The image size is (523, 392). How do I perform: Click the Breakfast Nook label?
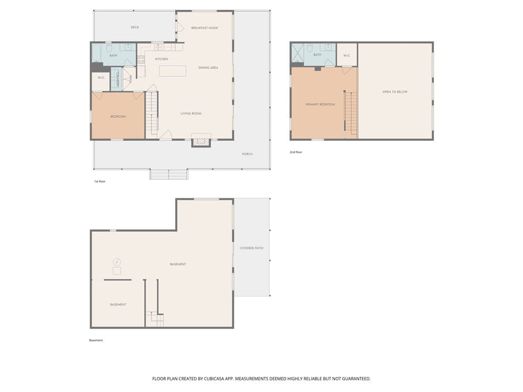pos(204,28)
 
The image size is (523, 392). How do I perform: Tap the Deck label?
pos(135,28)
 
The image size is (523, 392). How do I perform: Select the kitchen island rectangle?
pos(173,71)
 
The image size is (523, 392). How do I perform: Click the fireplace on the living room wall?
pos(201,141)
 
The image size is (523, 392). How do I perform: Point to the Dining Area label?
pos(208,68)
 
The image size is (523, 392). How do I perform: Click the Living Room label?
pos(191,114)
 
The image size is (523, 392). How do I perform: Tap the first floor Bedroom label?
pos(118,117)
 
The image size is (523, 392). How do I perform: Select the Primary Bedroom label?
pos(320,104)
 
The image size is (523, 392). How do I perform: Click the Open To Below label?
pos(395,92)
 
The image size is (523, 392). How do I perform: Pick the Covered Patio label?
pos(251,248)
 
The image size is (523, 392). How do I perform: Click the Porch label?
pos(247,154)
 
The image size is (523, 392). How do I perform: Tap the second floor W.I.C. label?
pos(347,55)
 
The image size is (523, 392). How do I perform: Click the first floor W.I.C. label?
pos(101,78)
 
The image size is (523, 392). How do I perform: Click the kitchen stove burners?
pos(141,60)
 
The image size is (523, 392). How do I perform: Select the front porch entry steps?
pos(169,175)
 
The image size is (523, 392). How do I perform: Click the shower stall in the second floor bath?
pos(298,53)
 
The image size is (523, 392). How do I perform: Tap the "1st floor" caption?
pos(100,181)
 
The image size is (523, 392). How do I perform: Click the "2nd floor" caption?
pos(296,152)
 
